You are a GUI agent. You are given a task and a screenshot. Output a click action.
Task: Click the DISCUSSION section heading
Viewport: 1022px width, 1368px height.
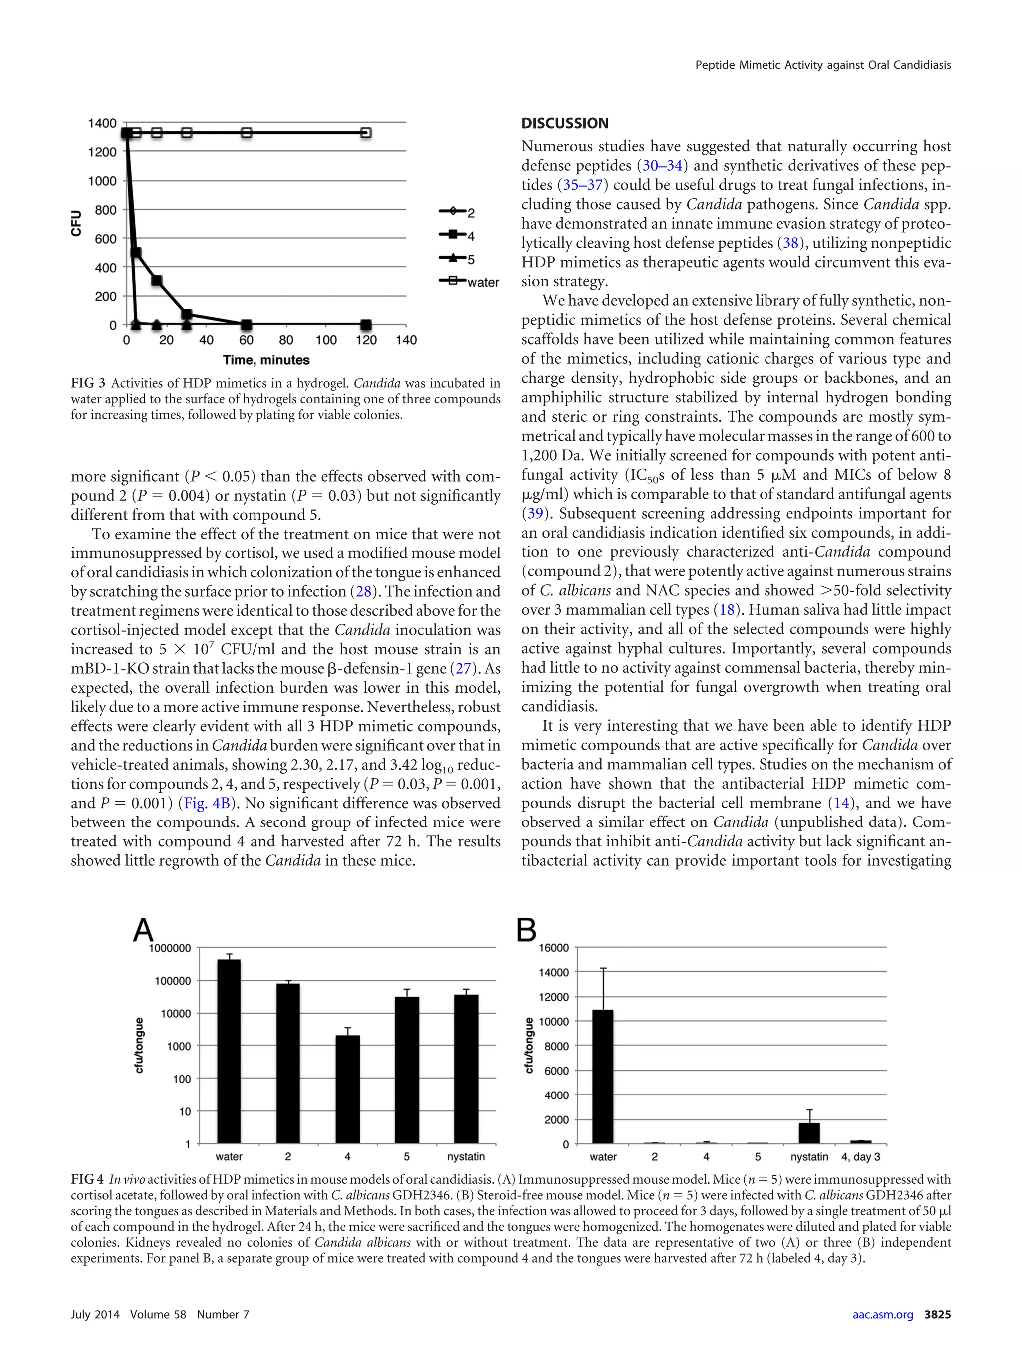(x=564, y=123)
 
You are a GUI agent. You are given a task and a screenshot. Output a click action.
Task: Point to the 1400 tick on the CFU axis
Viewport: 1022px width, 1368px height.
(x=103, y=123)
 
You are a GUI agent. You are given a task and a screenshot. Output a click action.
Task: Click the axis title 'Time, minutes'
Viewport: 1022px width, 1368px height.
(x=266, y=360)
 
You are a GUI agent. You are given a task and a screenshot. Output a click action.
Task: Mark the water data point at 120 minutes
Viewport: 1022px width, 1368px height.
(x=366, y=133)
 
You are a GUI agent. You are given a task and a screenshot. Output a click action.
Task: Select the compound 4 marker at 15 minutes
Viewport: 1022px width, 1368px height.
(x=156, y=281)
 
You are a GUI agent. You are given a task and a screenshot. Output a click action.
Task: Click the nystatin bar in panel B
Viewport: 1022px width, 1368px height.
(x=809, y=1133)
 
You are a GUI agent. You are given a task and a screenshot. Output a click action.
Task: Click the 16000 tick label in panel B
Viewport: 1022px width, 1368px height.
(x=554, y=947)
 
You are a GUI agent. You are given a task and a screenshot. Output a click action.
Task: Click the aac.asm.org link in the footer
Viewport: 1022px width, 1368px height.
(x=882, y=1314)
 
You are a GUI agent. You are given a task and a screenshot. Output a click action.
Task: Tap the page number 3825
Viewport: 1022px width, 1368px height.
(x=937, y=1314)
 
